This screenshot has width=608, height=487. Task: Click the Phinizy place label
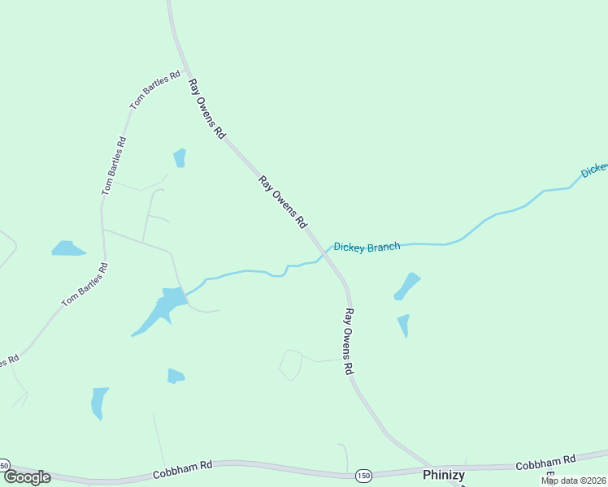click(x=443, y=475)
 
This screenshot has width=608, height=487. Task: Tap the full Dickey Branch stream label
click(x=367, y=247)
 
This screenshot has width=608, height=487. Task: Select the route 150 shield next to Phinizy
click(x=363, y=474)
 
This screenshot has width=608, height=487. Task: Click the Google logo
click(x=27, y=477)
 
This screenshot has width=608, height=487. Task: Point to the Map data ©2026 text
click(x=574, y=481)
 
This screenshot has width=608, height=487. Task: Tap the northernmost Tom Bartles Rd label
click(x=155, y=90)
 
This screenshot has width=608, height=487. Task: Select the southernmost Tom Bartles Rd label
click(x=85, y=284)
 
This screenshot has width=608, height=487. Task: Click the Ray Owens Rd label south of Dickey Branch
click(x=350, y=340)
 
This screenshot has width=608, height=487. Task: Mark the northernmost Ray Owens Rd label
click(x=206, y=109)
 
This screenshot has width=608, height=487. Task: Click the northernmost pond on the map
click(x=180, y=157)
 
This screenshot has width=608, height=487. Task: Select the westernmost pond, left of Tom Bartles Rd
click(x=68, y=248)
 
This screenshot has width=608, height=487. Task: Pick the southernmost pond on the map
click(x=99, y=402)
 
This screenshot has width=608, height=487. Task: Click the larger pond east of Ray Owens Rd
click(x=407, y=286)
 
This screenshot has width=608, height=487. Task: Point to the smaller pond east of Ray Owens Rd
click(x=404, y=325)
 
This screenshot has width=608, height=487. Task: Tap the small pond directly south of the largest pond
click(x=176, y=376)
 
